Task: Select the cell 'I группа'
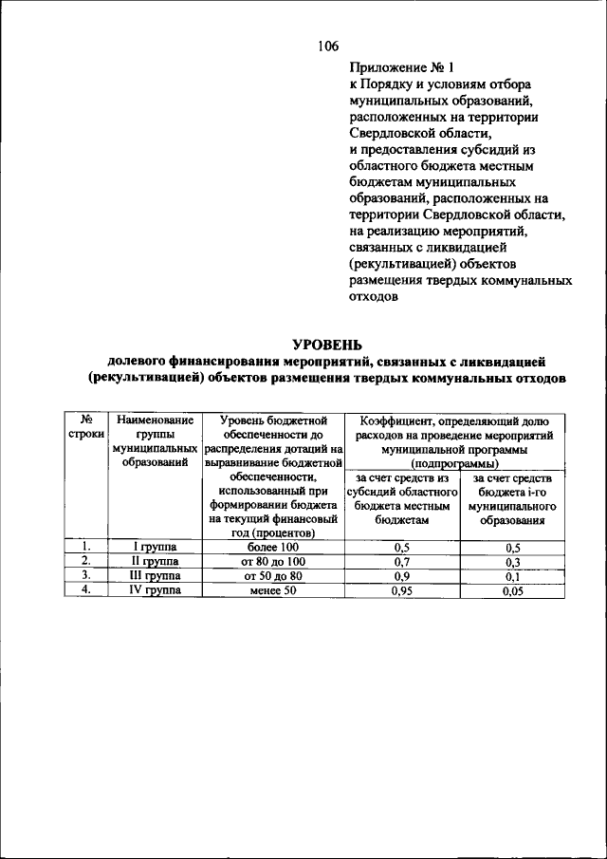153,548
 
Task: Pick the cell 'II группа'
153,562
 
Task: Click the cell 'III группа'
153,575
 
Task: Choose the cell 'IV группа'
153,589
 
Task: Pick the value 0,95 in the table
403,590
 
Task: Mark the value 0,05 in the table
513,590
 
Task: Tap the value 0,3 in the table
513,562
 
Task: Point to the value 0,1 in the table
513,576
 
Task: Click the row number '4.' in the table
85,589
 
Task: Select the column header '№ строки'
85,426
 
